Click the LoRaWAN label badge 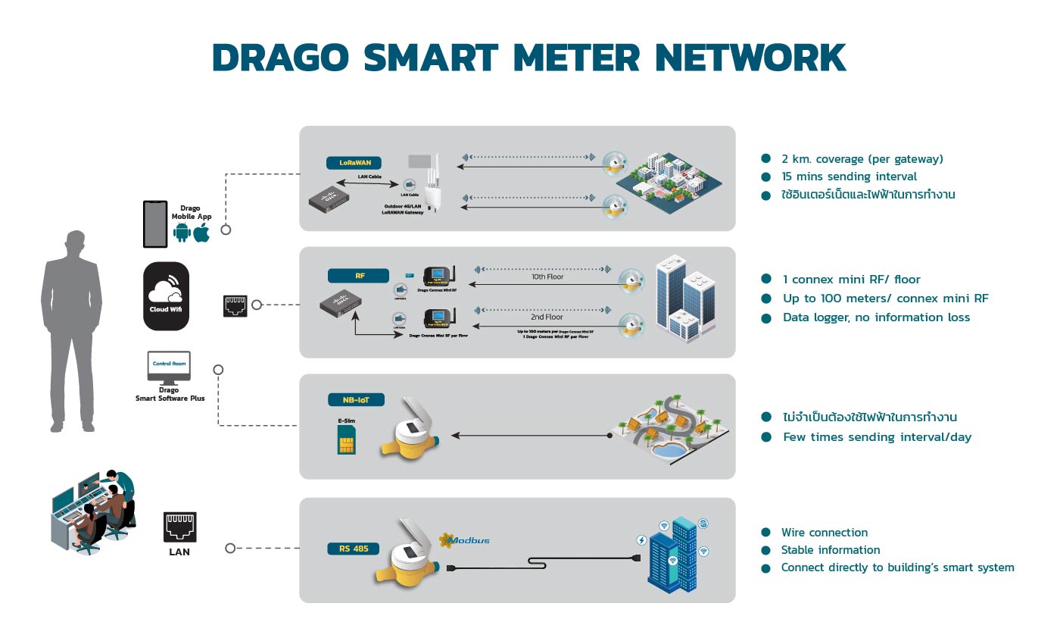point(354,163)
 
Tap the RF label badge point(358,276)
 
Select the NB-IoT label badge point(357,400)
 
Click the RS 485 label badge point(353,548)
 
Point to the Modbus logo point(464,540)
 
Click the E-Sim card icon point(347,439)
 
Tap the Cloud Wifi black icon point(166,295)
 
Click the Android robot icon point(182,233)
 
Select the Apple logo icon point(201,233)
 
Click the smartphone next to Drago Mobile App point(155,224)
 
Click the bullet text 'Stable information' point(831,550)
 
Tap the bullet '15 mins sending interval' point(850,177)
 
